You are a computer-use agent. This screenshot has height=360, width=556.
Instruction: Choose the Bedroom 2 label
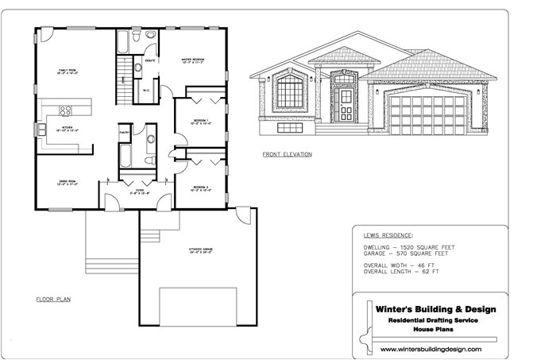tap(199, 188)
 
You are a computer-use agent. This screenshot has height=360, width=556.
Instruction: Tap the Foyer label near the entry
tap(140, 192)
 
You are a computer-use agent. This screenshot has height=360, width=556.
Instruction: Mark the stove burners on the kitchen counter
tap(67, 111)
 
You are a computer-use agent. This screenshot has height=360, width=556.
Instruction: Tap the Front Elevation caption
tap(287, 153)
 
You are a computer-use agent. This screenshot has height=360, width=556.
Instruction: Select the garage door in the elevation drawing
tap(422, 114)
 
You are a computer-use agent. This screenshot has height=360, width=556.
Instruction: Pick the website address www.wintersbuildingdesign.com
tap(431, 349)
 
